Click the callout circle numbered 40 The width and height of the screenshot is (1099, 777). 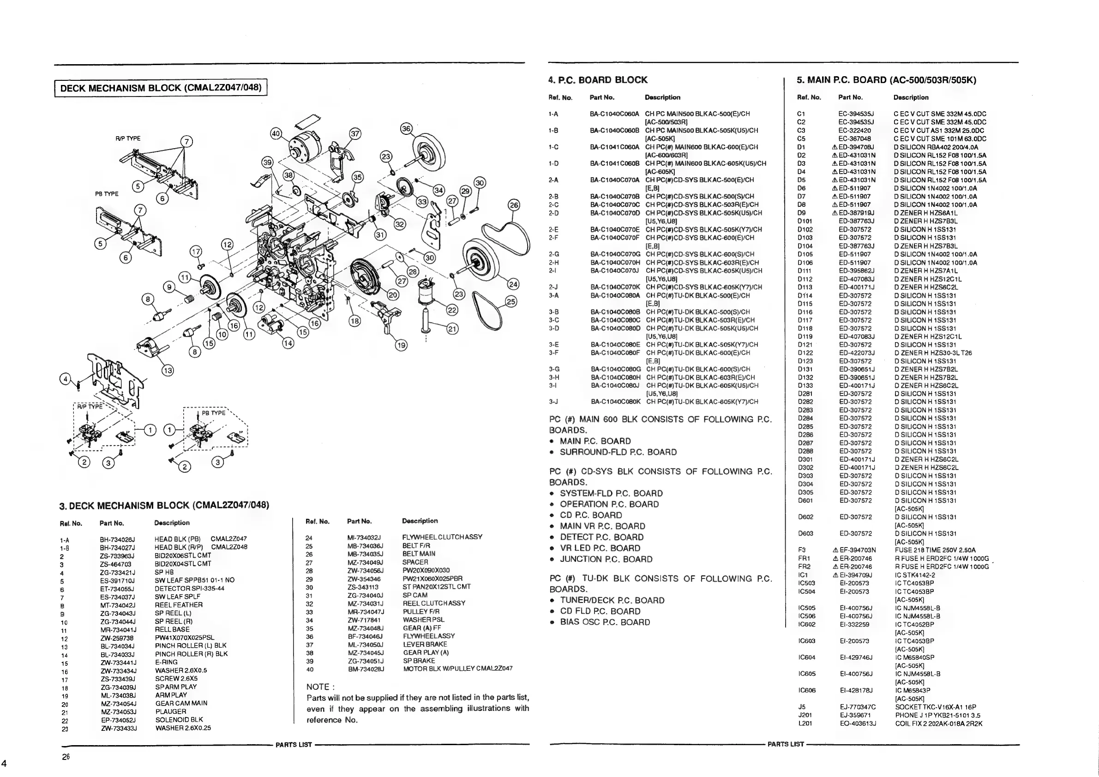(x=276, y=133)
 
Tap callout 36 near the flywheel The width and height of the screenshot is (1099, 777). (x=406, y=129)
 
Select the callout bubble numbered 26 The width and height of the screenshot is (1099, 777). (x=514, y=205)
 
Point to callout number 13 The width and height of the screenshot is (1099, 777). (x=168, y=370)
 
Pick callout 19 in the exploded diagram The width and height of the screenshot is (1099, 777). (x=401, y=345)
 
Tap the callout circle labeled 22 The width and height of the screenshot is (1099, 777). (x=452, y=310)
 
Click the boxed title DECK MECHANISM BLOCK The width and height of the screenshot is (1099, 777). (x=161, y=88)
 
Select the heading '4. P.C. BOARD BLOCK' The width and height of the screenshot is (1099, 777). (x=598, y=80)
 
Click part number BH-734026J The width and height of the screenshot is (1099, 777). (x=117, y=539)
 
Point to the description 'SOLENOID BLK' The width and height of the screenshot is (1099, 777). (x=179, y=720)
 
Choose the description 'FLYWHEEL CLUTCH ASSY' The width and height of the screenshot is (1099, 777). (x=442, y=537)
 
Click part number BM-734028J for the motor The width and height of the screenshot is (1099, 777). (x=366, y=669)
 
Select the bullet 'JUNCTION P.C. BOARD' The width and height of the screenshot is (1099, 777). (x=606, y=559)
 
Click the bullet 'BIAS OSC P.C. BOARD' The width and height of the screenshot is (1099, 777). (x=605, y=622)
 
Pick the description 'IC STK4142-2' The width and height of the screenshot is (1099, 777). (x=915, y=575)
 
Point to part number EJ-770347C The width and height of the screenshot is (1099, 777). (x=857, y=707)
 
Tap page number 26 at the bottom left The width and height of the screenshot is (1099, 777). (x=66, y=757)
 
